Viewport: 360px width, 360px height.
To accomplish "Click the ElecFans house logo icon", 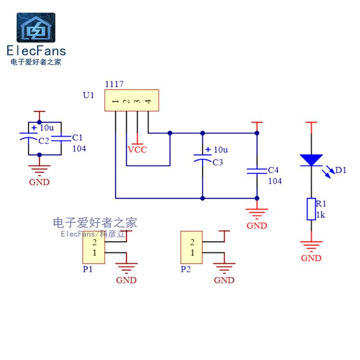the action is (x=36, y=27).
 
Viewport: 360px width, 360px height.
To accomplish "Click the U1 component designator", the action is (x=89, y=95).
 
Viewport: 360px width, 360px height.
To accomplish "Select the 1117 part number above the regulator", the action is (x=114, y=84).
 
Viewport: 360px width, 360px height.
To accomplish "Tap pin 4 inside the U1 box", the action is (x=148, y=101).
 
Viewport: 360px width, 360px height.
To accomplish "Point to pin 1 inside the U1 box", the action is (x=116, y=101).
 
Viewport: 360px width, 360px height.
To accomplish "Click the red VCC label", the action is (x=137, y=150).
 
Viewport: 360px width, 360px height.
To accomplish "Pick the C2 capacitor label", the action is (x=44, y=141).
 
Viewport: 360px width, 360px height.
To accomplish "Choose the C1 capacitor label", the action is (x=77, y=138).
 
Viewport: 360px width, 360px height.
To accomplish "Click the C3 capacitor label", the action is (x=218, y=162).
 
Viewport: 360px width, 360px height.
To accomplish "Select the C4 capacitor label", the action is (x=273, y=170).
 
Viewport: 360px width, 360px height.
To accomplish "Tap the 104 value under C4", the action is (x=275, y=181).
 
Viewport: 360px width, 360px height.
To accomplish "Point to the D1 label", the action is (x=341, y=170).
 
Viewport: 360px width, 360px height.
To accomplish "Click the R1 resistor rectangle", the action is (x=311, y=209).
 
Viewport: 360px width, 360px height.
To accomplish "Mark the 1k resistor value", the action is (x=321, y=215).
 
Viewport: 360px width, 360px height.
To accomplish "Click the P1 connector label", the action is (x=88, y=269).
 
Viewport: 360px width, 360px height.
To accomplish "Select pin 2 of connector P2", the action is (x=193, y=242).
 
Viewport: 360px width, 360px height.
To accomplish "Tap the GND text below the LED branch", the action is (x=311, y=258).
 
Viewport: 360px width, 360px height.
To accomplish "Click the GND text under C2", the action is (x=39, y=182).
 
